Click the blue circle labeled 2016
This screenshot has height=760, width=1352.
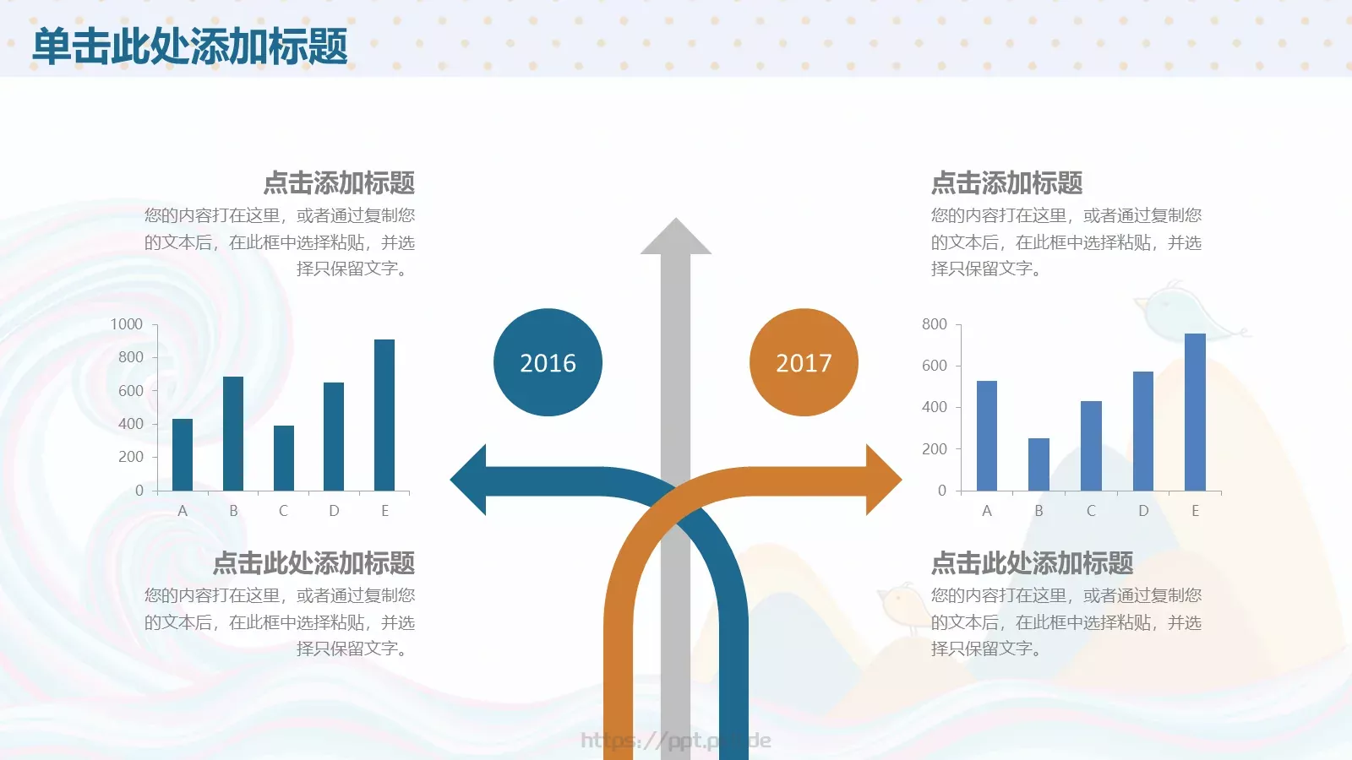[548, 362]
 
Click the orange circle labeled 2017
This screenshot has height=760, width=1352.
[804, 362]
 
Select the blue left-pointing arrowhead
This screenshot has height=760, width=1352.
[470, 480]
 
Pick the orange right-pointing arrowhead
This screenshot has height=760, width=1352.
[882, 480]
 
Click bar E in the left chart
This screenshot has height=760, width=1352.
[384, 415]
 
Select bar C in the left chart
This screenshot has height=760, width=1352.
[284, 458]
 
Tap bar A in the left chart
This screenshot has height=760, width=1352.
[183, 454]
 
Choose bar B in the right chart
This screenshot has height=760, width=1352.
[1039, 464]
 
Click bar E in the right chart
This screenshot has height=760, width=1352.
[1195, 412]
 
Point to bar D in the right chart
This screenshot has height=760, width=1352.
[1142, 431]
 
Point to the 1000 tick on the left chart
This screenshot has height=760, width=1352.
[127, 324]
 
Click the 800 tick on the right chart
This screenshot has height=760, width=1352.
[935, 324]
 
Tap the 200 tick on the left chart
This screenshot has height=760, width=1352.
[131, 457]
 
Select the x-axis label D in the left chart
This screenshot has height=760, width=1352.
[334, 511]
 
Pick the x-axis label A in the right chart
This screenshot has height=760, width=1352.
[986, 511]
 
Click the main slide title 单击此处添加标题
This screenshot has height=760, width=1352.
[190, 46]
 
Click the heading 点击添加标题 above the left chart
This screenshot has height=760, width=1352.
[339, 182]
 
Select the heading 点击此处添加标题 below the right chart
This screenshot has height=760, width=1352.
[1032, 562]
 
